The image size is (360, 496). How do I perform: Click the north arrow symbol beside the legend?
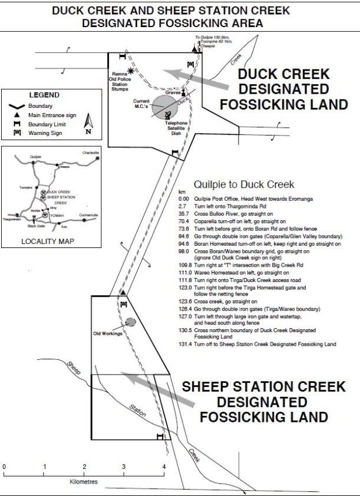click(x=88, y=123)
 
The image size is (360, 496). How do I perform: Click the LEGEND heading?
click(x=44, y=95)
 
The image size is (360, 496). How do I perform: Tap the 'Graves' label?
click(x=173, y=92)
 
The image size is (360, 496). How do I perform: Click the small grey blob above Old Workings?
click(x=130, y=323)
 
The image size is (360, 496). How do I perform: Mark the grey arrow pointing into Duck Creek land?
click(x=194, y=79)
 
